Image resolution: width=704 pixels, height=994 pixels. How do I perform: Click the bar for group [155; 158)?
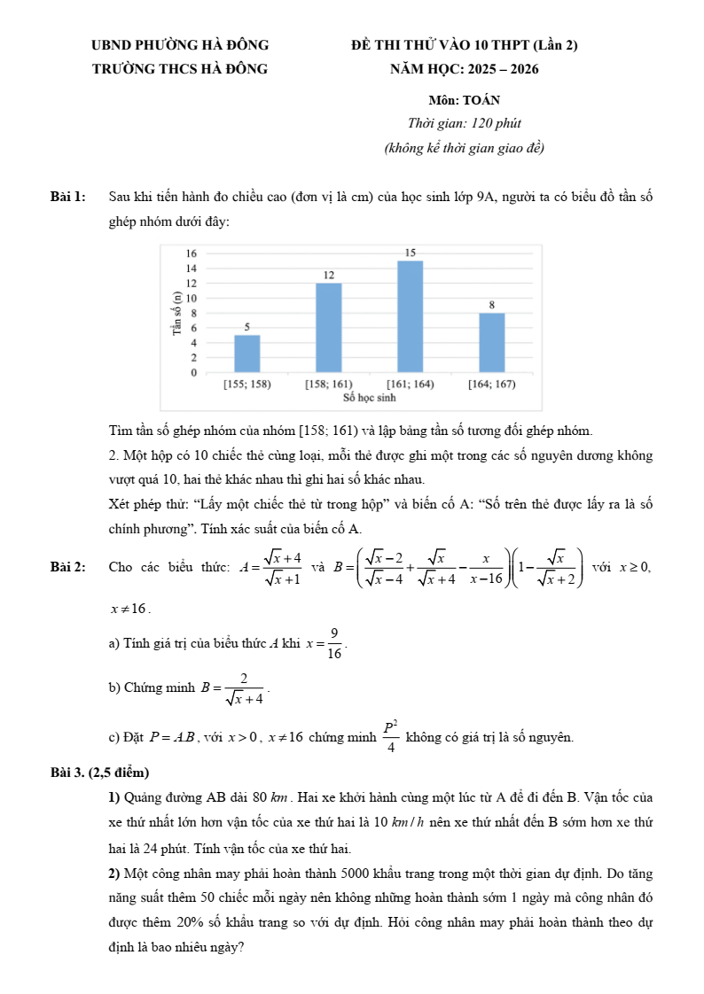[247, 353]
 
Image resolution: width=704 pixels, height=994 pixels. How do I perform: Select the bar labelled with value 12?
[329, 327]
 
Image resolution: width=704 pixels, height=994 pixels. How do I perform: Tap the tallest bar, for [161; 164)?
[411, 316]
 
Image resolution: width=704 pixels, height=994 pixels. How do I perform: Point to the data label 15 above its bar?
[411, 252]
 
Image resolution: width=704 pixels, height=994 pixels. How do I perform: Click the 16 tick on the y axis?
[192, 253]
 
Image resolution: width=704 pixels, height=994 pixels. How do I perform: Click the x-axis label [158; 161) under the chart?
[329, 384]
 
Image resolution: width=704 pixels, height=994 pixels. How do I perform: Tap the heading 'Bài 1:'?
[68, 197]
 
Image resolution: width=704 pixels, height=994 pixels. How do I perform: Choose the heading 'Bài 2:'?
[68, 567]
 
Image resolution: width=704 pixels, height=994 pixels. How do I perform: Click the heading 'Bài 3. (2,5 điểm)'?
[99, 773]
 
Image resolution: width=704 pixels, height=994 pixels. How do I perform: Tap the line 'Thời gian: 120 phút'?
[464, 124]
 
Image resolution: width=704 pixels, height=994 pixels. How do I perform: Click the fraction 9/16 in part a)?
[334, 642]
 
